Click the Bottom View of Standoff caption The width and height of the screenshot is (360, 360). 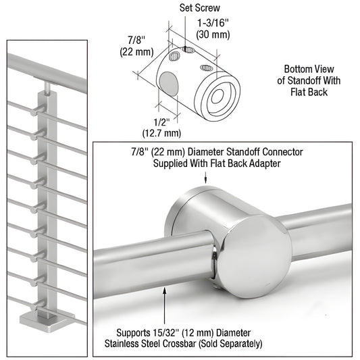tap(305, 80)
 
